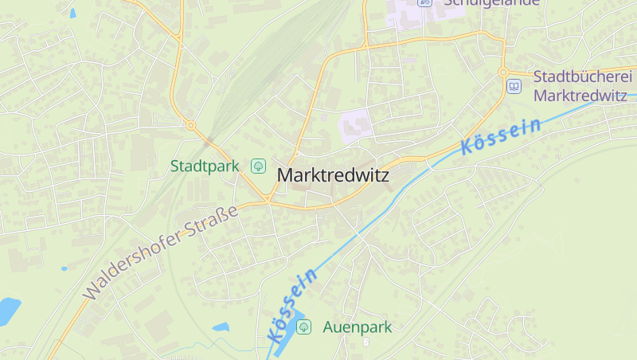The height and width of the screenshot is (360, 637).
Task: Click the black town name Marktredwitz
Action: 333,175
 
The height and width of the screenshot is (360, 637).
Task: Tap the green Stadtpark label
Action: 205,166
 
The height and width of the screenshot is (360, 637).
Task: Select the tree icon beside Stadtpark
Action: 258,166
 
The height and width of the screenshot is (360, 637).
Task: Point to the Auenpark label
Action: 357,327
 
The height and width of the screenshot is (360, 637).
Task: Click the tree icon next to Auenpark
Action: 303,327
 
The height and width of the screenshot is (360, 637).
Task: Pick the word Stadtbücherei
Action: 582,77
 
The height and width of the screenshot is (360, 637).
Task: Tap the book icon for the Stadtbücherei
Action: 514,86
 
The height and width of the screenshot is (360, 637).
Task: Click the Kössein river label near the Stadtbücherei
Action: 501,136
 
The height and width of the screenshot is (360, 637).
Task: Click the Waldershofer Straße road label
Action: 161,252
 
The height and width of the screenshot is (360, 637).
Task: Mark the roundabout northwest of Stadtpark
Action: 191,125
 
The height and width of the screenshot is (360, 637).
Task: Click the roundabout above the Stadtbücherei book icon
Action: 503,72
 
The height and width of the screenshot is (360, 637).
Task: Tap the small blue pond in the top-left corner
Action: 73,14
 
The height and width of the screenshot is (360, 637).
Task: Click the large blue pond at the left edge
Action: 8,310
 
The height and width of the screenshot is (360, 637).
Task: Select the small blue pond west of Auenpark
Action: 221,327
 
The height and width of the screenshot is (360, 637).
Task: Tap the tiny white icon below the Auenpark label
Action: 366,342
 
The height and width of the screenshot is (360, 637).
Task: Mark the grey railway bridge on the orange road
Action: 210,143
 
